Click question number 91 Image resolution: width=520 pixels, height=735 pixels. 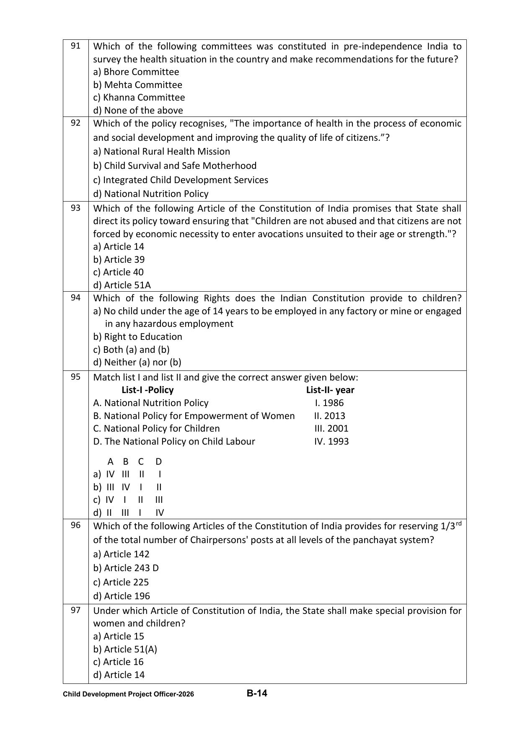point(75,46)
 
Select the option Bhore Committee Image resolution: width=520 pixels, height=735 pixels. point(136,72)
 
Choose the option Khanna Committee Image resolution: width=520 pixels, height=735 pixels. point(139,97)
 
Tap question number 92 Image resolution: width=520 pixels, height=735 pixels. point(75,123)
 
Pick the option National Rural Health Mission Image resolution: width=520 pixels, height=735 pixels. point(161,151)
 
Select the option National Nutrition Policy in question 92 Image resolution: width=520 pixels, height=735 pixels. point(150,194)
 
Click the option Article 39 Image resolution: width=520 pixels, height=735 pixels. point(119,259)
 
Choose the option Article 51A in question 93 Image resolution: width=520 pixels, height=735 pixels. point(122,285)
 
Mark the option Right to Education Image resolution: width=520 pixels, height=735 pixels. point(137,336)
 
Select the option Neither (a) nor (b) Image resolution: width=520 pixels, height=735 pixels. point(137,362)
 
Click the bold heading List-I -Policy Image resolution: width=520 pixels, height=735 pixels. point(147,390)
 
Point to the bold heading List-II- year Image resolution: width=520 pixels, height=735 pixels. point(330,390)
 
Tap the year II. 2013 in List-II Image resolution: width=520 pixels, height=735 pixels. point(330,416)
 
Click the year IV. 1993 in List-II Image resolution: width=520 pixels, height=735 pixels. point(331,441)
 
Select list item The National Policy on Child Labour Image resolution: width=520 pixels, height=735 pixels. point(174,441)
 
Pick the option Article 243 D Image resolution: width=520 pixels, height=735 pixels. point(126,568)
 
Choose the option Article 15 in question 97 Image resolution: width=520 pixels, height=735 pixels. point(119,636)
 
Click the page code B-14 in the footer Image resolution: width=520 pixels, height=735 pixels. point(257,693)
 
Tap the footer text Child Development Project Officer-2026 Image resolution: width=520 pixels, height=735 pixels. point(128,694)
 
